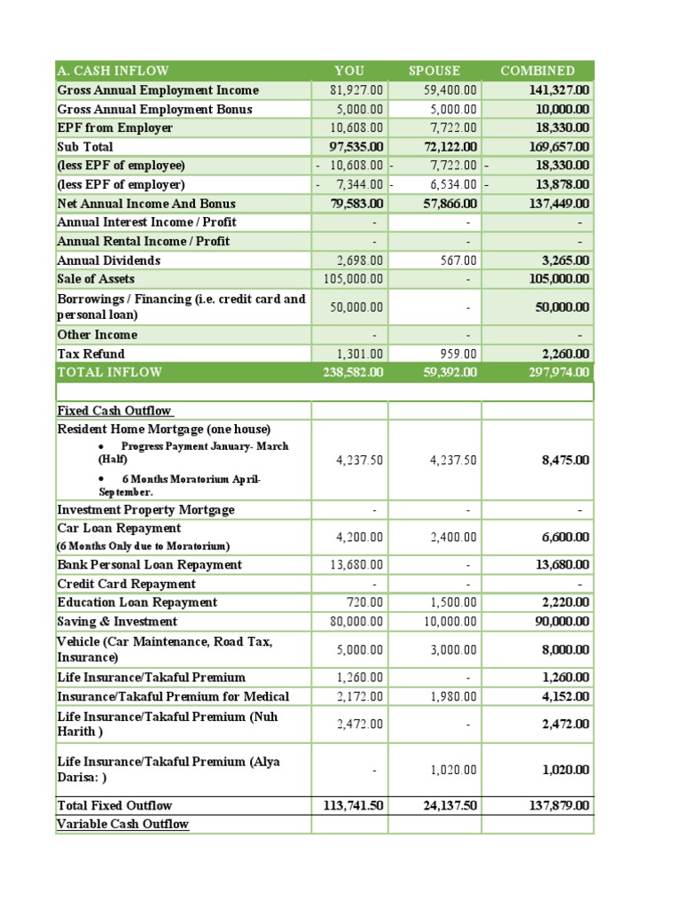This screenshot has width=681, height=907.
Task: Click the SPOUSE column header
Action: coord(434,71)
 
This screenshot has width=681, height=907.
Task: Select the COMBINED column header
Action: coord(537,71)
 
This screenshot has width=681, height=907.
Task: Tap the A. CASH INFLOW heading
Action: coord(113,71)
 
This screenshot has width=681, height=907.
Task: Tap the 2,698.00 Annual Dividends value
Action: coord(360,260)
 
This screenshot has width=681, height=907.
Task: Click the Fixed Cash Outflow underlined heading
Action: coord(115,411)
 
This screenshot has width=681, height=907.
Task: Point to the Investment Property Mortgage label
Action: coord(145,510)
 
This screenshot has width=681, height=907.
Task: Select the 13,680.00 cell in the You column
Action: coord(360,565)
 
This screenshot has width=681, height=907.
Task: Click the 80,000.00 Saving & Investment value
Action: coord(360,622)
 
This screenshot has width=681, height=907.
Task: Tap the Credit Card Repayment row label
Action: coord(126,585)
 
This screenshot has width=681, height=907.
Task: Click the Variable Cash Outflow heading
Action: coord(122,825)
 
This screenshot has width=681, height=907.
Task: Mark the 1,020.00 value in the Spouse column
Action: coord(453,771)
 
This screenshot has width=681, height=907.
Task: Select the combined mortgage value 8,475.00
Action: coord(565,461)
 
